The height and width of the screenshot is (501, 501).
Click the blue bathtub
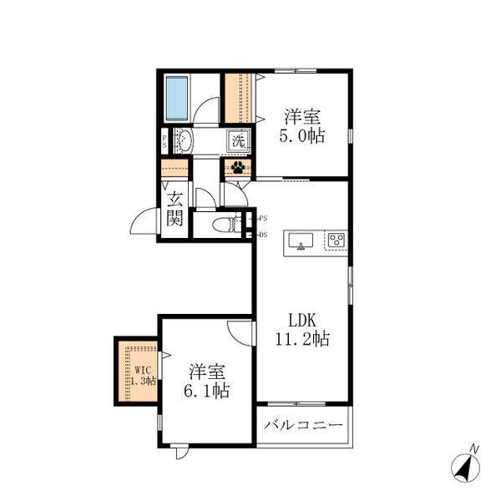[177, 98]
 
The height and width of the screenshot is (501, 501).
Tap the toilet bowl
[224, 225]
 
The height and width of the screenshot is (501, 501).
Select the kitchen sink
[301, 240]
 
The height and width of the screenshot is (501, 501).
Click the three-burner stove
[337, 240]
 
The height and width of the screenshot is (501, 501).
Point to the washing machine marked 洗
[238, 140]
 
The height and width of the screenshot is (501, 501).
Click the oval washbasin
[185, 140]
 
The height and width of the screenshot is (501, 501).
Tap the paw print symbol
[238, 167]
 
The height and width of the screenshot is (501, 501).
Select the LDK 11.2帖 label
[302, 329]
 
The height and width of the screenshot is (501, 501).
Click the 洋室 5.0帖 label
[302, 126]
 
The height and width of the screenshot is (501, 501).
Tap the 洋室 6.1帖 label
[207, 381]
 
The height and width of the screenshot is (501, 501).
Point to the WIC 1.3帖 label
[143, 376]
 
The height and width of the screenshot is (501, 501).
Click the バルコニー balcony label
[303, 425]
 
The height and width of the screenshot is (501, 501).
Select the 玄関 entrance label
[175, 209]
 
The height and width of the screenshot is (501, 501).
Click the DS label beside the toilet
[263, 235]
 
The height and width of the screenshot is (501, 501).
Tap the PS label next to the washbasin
[164, 141]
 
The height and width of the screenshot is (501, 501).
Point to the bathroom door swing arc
[204, 107]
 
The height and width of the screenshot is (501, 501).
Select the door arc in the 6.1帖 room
[238, 336]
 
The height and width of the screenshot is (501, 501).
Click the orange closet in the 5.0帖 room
[238, 98]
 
